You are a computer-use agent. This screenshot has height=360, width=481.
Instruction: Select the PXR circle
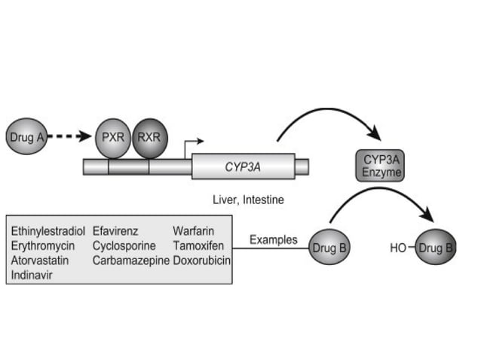pyautogui.click(x=112, y=138)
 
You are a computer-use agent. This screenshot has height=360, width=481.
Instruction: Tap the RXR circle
pyautogui.click(x=150, y=138)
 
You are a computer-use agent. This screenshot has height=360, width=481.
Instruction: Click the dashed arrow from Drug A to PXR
pyautogui.click(x=70, y=138)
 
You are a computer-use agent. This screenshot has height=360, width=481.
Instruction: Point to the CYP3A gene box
pyautogui.click(x=243, y=166)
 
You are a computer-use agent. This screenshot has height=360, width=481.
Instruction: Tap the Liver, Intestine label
pyautogui.click(x=243, y=202)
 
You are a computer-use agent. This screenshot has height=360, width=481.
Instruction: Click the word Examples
pyautogui.click(x=274, y=240)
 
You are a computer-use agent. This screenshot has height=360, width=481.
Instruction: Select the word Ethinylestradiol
pyautogui.click(x=48, y=231)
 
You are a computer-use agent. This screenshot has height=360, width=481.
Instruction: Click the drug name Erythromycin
pyautogui.click(x=42, y=246)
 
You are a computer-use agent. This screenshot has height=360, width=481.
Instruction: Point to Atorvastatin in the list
pyautogui.click(x=42, y=260)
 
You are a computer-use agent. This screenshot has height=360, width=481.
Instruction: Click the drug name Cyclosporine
pyautogui.click(x=124, y=246)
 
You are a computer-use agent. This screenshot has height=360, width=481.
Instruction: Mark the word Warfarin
pyautogui.click(x=192, y=231)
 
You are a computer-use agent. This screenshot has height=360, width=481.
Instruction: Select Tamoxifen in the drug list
pyautogui.click(x=198, y=246)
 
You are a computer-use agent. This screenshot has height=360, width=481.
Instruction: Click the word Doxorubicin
pyautogui.click(x=201, y=260)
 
